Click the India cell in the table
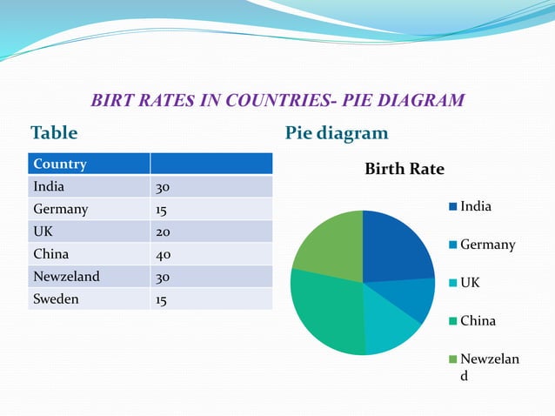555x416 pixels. pyautogui.click(x=49, y=186)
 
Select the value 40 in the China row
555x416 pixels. pyautogui.click(x=163, y=255)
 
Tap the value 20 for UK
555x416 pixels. pyautogui.click(x=163, y=232)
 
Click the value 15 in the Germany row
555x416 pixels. pyautogui.click(x=162, y=210)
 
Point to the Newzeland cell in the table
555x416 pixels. pyautogui.click(x=66, y=277)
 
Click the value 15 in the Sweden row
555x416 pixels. pyautogui.click(x=162, y=300)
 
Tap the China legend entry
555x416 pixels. pyautogui.click(x=478, y=320)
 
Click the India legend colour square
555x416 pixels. pyautogui.click(x=453, y=207)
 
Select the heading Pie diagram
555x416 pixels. pyautogui.click(x=336, y=133)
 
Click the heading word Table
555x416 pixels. pyautogui.click(x=54, y=133)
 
